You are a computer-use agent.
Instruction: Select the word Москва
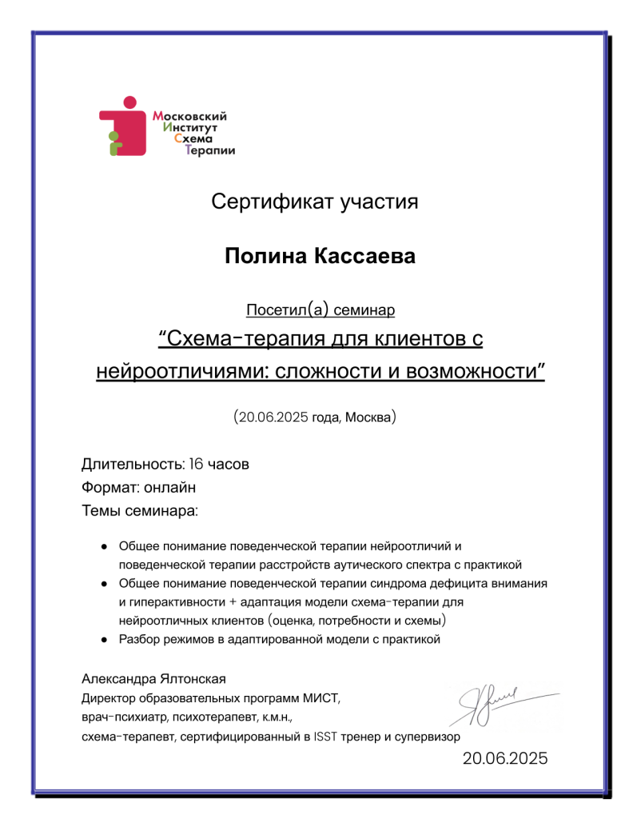[x=368, y=417]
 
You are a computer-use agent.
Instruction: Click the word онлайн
[x=172, y=486]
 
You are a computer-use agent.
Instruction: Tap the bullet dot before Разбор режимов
[x=104, y=640]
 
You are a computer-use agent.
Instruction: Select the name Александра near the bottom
[x=118, y=679]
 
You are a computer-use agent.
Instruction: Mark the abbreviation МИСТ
[x=323, y=697]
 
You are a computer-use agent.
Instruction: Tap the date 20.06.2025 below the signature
[x=505, y=759]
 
